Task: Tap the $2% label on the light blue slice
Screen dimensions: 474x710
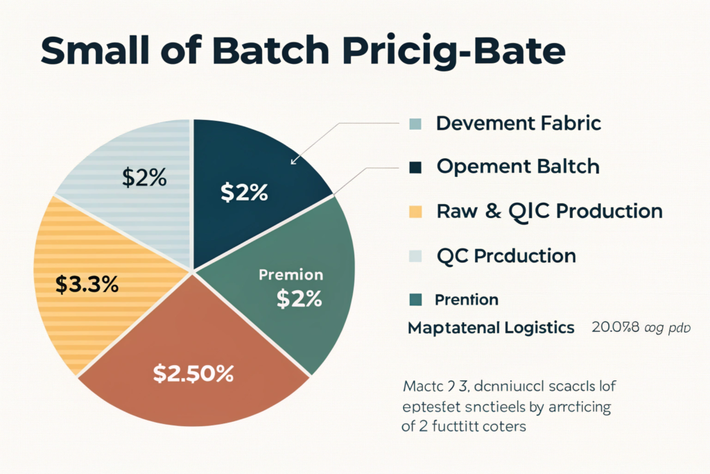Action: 144,178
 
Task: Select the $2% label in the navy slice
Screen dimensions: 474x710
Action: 244,193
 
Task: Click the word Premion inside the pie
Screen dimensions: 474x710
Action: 291,275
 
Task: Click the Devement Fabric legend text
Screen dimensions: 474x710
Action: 517,124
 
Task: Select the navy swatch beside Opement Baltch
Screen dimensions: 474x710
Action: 415,167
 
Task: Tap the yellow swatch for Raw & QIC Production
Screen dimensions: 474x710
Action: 415,211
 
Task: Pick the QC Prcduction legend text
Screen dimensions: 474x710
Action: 506,255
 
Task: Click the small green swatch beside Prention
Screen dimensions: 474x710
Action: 415,300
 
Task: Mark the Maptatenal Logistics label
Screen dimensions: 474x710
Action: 491,327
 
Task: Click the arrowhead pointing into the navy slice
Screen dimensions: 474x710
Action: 293,162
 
